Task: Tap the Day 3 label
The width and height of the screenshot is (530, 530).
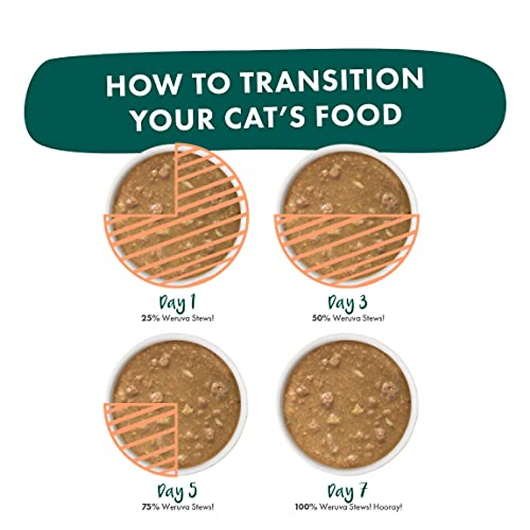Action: point(348,303)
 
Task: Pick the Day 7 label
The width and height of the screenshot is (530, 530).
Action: point(348,492)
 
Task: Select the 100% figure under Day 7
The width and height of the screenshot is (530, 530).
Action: point(304,507)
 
